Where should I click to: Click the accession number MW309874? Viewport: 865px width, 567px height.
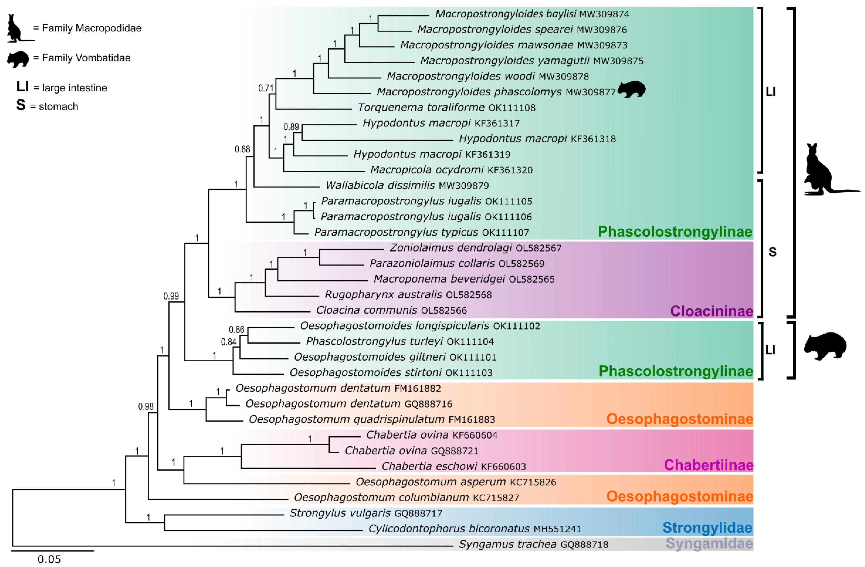tap(604, 14)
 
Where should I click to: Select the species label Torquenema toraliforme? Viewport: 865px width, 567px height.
tap(421, 107)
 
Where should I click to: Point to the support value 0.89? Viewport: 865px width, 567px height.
tap(291, 127)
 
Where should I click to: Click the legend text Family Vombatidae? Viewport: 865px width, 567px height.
tap(86, 58)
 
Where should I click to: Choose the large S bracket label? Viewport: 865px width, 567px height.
tap(772, 252)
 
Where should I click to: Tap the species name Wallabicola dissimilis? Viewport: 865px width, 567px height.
tap(380, 185)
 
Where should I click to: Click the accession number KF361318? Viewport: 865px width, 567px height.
tap(593, 139)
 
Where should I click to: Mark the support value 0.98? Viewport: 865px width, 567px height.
tap(146, 406)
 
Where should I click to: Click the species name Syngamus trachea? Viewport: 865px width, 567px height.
tap(507, 544)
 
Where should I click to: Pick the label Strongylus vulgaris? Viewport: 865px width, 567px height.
tap(340, 513)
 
